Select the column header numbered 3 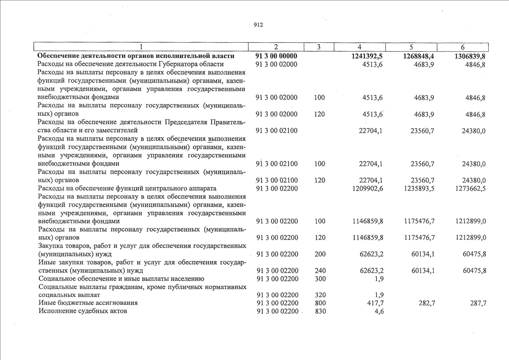coord(319,47)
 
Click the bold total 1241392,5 coord(366,56)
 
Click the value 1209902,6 coord(366,188)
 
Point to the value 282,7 coord(424,303)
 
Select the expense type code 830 coord(319,311)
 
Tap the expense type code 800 coord(319,303)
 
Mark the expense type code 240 coord(319,271)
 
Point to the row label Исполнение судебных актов coord(83,311)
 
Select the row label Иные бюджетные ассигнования coord(88,303)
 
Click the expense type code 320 coord(319,295)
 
